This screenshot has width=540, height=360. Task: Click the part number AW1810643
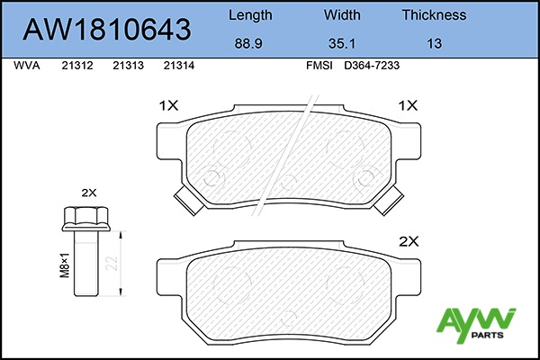pos(107,29)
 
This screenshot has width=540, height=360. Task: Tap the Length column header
pos(250,15)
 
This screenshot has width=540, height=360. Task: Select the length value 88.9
pos(248,44)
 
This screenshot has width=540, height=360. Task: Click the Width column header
pos(342,14)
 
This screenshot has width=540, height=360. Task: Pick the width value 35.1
pos(342,44)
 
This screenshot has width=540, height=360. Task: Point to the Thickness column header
pos(434,14)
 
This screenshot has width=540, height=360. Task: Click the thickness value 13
pos(435,44)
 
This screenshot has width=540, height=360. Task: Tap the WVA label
pos(27,66)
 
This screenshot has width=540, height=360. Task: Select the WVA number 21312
pos(77,66)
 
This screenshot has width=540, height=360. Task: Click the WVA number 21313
pos(128,66)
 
